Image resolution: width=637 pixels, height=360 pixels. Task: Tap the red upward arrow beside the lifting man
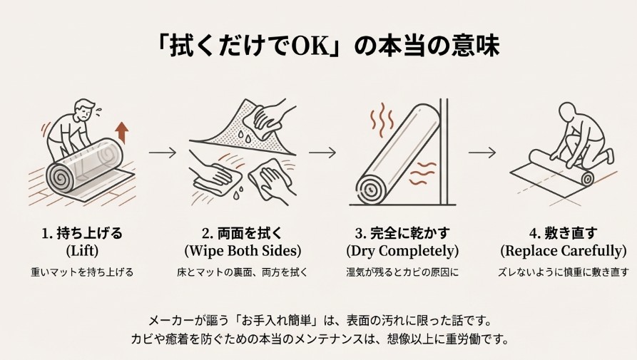121,132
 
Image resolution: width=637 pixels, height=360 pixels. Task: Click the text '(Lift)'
81,251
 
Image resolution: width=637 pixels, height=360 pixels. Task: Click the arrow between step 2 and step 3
322,152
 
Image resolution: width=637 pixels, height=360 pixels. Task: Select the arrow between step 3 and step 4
482,152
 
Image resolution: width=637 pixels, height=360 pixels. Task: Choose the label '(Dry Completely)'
402,251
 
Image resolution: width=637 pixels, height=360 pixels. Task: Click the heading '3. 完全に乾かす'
402,232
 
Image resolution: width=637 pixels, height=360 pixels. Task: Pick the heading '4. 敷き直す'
564,232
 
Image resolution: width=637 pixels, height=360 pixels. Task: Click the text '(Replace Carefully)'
564,251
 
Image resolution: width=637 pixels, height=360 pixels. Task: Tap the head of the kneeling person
569,113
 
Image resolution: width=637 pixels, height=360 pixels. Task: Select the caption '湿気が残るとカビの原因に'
402,272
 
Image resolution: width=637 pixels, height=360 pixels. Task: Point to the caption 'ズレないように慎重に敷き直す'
564,272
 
